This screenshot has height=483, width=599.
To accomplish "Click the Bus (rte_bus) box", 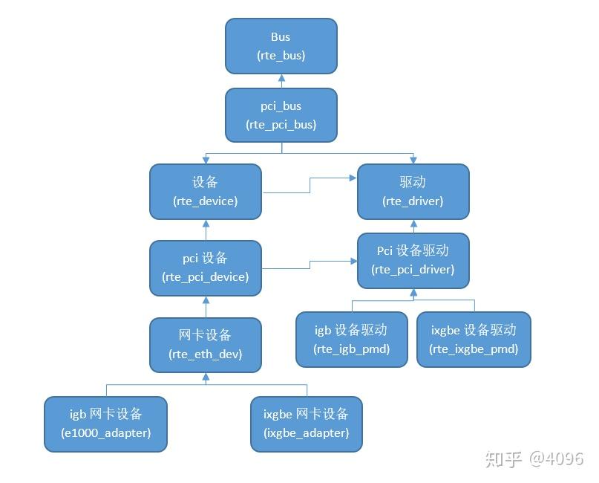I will (x=281, y=46).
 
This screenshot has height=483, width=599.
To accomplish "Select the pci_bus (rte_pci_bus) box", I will (x=281, y=115).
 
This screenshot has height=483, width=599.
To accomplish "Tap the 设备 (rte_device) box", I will (x=206, y=192).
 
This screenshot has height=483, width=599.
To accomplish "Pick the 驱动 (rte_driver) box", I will (x=413, y=192).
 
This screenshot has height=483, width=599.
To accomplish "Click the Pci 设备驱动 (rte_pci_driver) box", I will (x=413, y=260).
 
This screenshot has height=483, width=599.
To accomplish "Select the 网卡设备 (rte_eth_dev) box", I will (x=206, y=345).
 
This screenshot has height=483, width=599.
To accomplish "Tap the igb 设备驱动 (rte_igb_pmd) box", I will (x=351, y=340).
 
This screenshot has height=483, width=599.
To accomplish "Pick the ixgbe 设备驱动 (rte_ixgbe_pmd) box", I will (x=474, y=340).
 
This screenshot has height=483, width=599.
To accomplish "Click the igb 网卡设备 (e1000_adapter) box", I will (x=105, y=424).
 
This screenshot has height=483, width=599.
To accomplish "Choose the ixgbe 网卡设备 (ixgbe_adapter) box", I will (x=306, y=424).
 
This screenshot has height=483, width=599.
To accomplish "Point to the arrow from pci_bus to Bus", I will (x=281, y=81).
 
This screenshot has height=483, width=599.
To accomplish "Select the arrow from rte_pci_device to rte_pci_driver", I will (x=310, y=264).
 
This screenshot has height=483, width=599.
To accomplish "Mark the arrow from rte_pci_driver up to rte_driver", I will (x=413, y=226).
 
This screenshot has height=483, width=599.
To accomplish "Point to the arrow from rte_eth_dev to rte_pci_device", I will (x=206, y=306).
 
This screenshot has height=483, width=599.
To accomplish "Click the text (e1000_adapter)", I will (x=105, y=432).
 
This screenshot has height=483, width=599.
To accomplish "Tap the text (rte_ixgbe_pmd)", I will (x=474, y=349).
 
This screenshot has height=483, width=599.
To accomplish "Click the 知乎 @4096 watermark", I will (x=534, y=458).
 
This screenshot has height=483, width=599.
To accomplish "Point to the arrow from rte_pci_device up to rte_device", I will (x=206, y=230).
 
